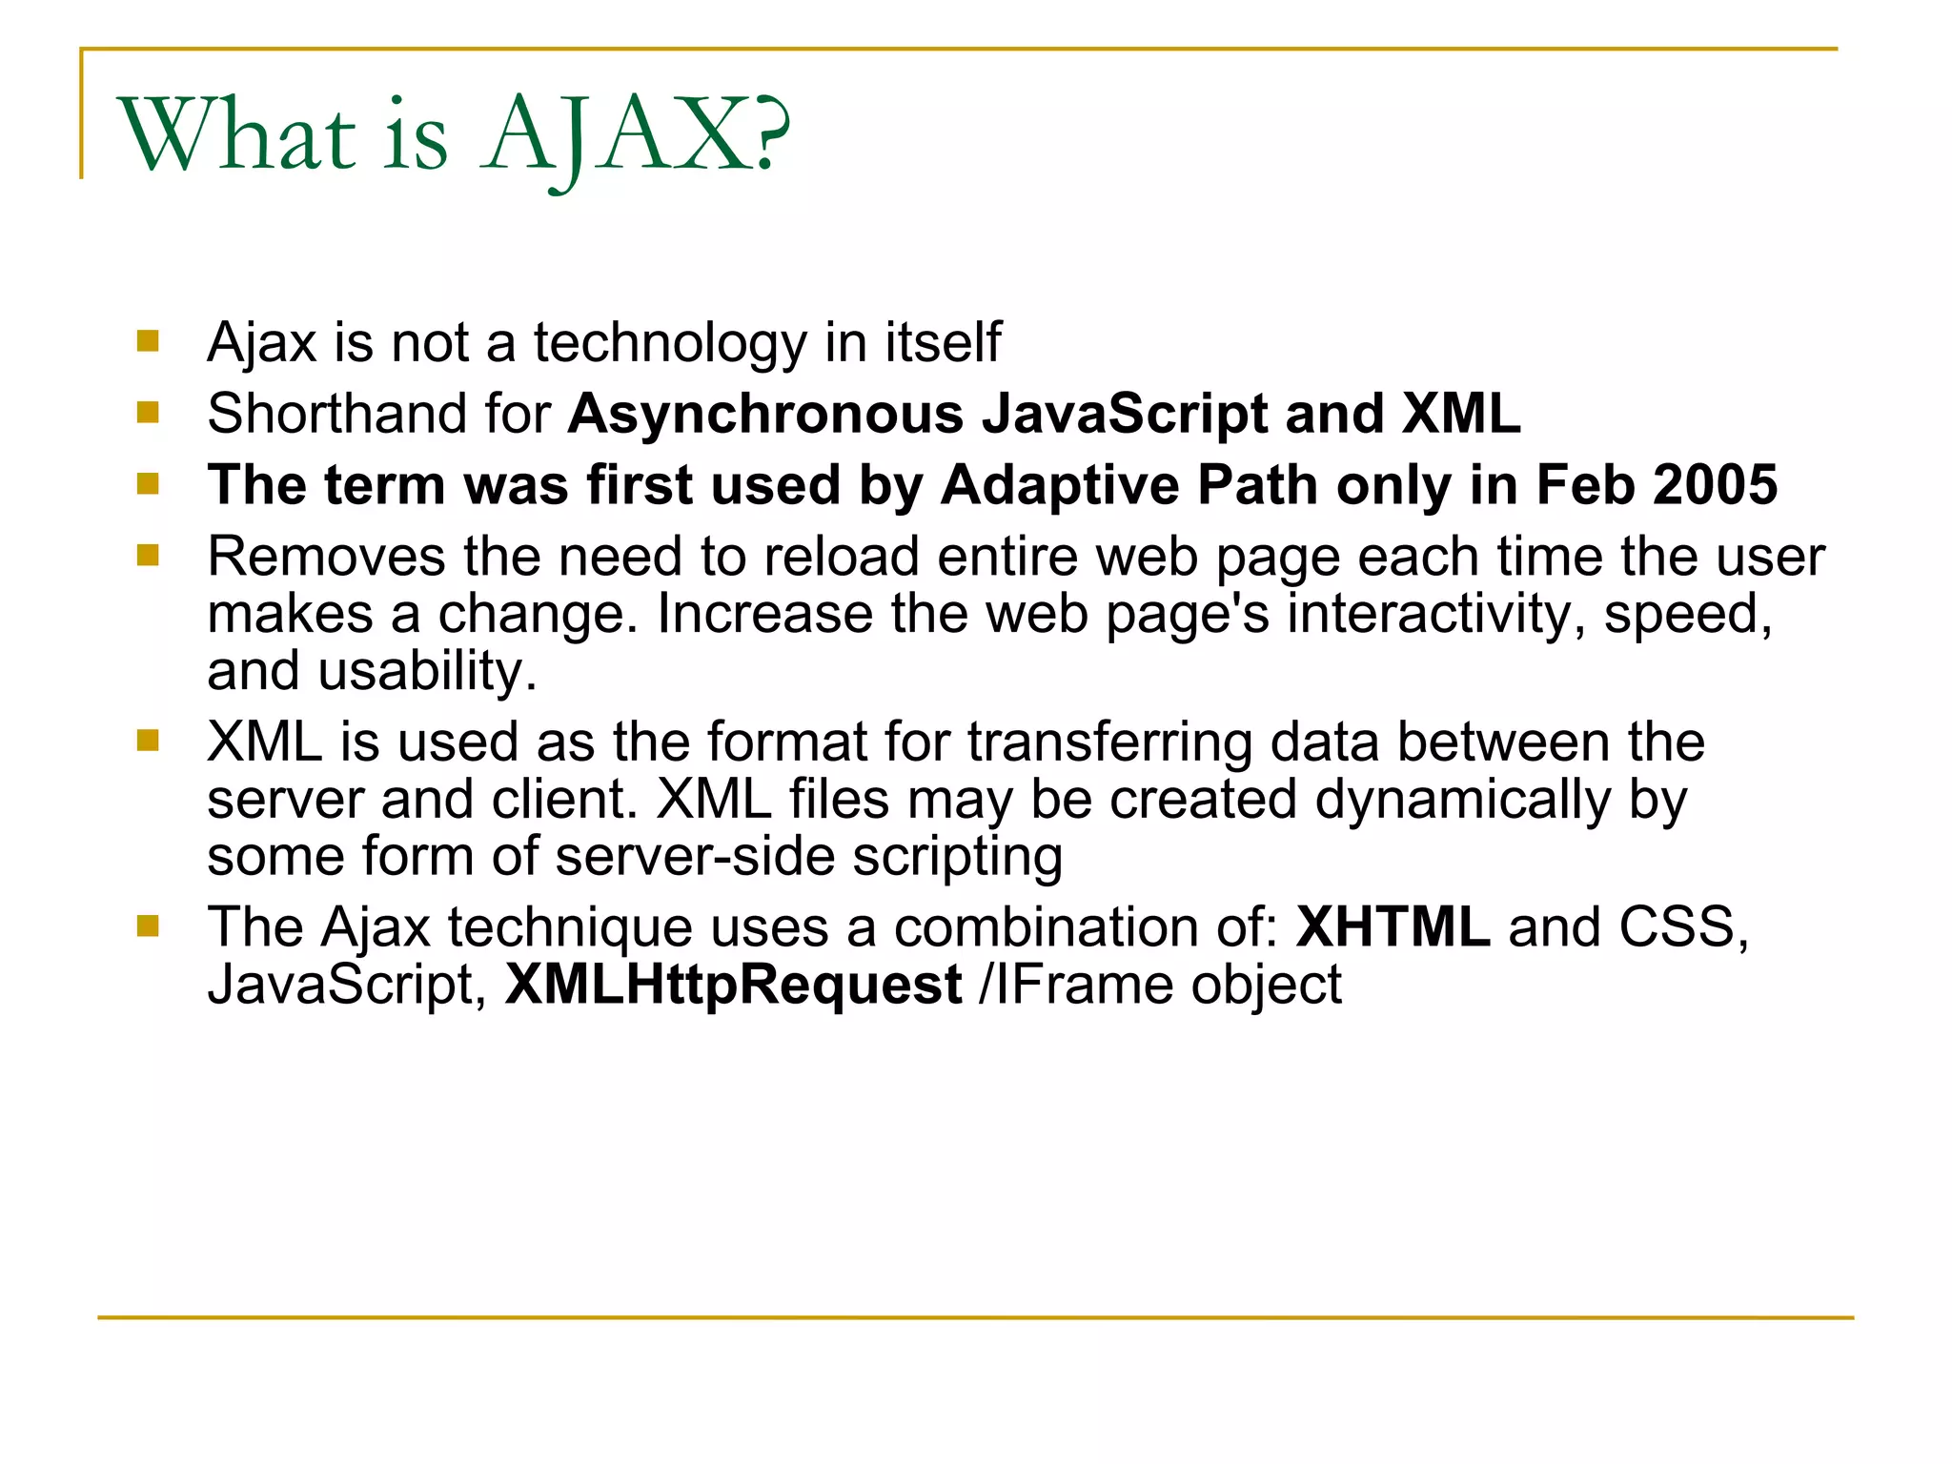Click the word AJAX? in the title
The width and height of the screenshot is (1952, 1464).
tap(637, 135)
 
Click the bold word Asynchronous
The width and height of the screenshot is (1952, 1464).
tap(766, 415)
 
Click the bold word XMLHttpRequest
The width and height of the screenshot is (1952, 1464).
tap(733, 985)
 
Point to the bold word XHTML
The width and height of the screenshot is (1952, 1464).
tap(1393, 927)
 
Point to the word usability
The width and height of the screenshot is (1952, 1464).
tap(427, 671)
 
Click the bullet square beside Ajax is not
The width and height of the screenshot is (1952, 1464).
tap(148, 341)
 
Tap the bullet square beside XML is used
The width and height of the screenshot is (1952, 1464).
tap(148, 741)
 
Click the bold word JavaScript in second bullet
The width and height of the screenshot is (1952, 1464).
tap(1125, 415)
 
